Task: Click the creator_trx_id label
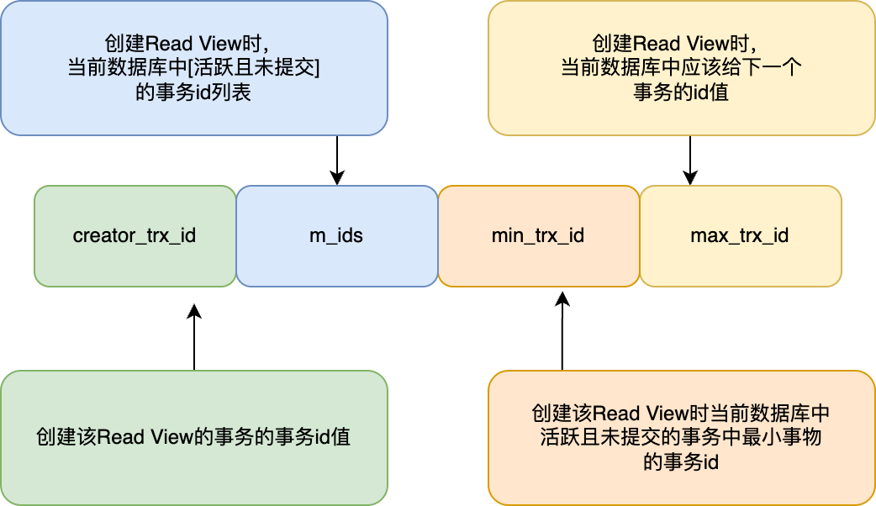point(135,235)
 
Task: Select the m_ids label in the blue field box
point(336,235)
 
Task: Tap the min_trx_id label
point(538,235)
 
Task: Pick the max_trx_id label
point(740,235)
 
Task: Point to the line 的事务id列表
point(193,92)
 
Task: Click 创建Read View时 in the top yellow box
point(681,43)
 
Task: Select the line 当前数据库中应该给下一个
point(681,67)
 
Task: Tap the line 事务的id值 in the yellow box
point(681,92)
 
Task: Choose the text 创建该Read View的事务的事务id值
point(193,438)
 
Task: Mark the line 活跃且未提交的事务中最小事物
point(681,437)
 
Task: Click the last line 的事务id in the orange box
point(681,461)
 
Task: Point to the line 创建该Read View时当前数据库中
point(681,413)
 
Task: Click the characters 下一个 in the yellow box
point(773,67)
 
